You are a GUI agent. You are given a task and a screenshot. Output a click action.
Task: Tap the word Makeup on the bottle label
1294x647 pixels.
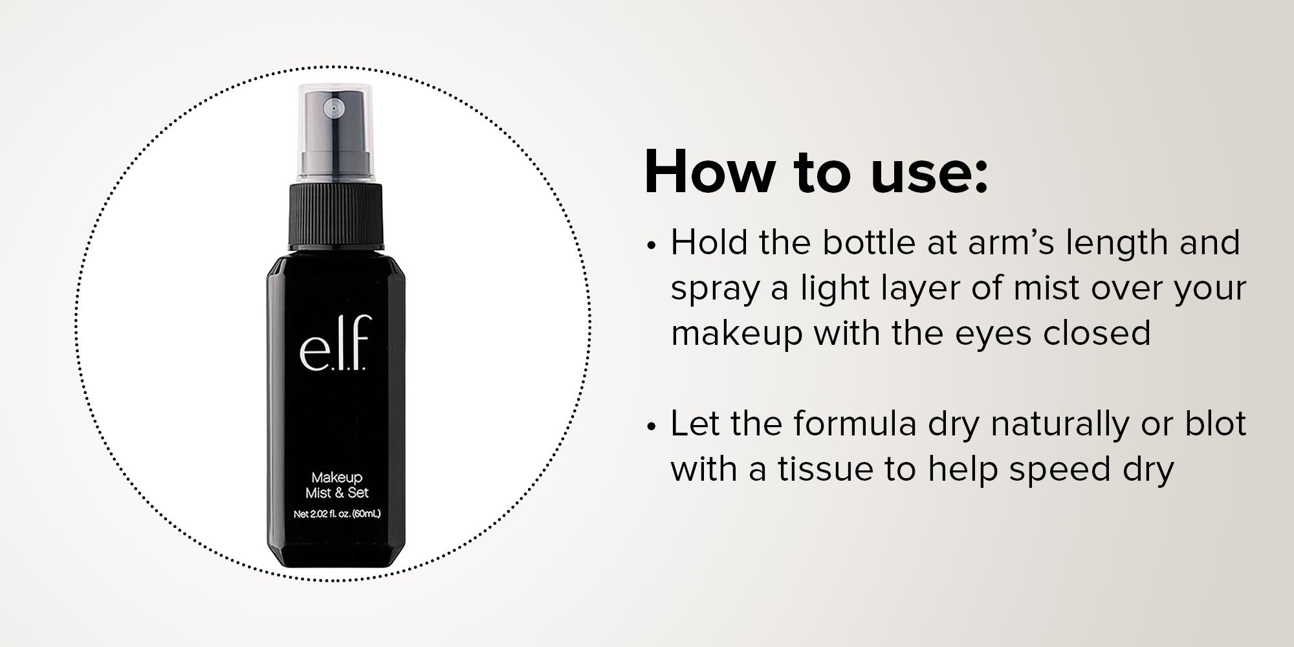336,478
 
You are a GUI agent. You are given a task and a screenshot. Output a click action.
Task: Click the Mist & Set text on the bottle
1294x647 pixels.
336,493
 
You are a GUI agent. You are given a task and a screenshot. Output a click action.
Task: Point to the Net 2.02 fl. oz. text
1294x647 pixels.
336,516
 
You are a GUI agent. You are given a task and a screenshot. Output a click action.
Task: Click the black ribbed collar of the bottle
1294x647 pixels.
336,217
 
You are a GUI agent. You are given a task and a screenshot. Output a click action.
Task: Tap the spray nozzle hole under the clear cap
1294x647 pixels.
334,109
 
